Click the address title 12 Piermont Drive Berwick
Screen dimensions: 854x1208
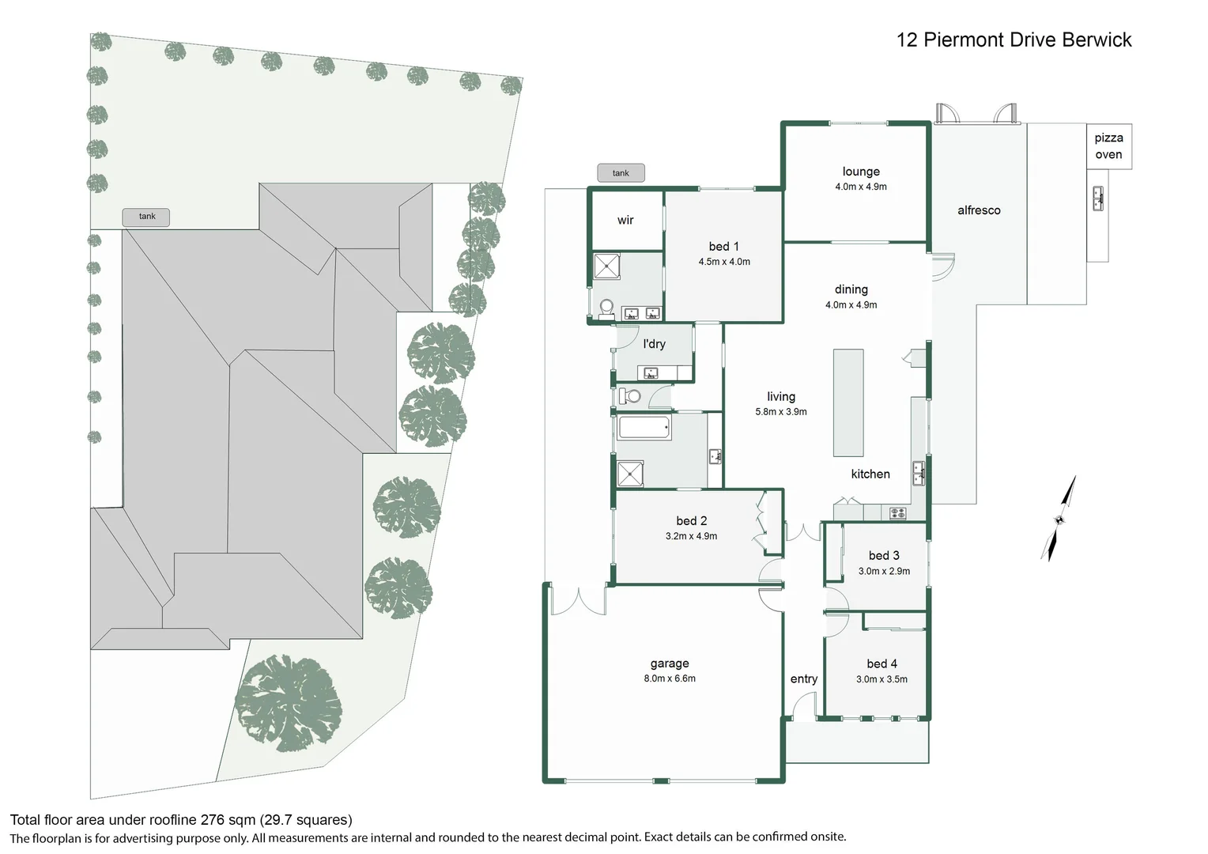pyautogui.click(x=1014, y=40)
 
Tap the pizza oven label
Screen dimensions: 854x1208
pyautogui.click(x=1108, y=146)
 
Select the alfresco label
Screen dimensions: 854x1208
pyautogui.click(x=979, y=210)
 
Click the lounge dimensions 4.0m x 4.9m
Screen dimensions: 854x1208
pyautogui.click(x=861, y=187)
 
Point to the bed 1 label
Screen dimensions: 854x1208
pyautogui.click(x=723, y=247)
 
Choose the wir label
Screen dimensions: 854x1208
pyautogui.click(x=625, y=221)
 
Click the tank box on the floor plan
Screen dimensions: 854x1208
pyautogui.click(x=621, y=173)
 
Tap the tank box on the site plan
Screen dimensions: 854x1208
pyautogui.click(x=146, y=217)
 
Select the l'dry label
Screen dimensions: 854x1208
pyautogui.click(x=654, y=344)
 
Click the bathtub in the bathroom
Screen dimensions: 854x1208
pyautogui.click(x=644, y=429)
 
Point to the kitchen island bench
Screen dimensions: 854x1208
pyautogui.click(x=848, y=402)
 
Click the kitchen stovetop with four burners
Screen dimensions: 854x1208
pyautogui.click(x=897, y=513)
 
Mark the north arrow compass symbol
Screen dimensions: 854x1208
pyautogui.click(x=1059, y=519)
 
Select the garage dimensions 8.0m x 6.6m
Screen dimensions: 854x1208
pyautogui.click(x=670, y=678)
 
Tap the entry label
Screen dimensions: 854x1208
pyautogui.click(x=804, y=679)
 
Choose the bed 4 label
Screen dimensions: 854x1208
pyautogui.click(x=881, y=664)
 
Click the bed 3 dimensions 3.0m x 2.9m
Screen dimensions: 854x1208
pyautogui.click(x=884, y=571)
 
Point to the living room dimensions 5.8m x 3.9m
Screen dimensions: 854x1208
pyautogui.click(x=781, y=412)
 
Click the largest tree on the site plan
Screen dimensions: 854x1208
pyautogui.click(x=289, y=704)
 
